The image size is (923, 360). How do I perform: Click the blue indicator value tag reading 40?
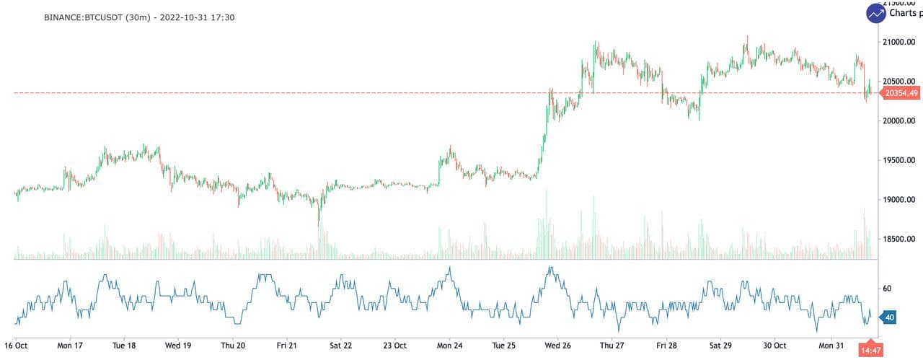889,317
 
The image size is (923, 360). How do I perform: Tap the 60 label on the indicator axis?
888,289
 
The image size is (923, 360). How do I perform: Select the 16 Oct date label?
16,346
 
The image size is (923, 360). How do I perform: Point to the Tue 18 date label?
124,346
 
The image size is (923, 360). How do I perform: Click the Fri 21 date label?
286,346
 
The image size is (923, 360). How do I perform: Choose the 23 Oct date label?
394,346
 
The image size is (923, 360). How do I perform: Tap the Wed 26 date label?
557,346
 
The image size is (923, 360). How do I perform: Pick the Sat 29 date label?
720,346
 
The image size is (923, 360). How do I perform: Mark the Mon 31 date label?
831,346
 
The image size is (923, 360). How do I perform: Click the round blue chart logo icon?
876,13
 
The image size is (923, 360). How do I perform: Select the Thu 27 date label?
611,346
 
